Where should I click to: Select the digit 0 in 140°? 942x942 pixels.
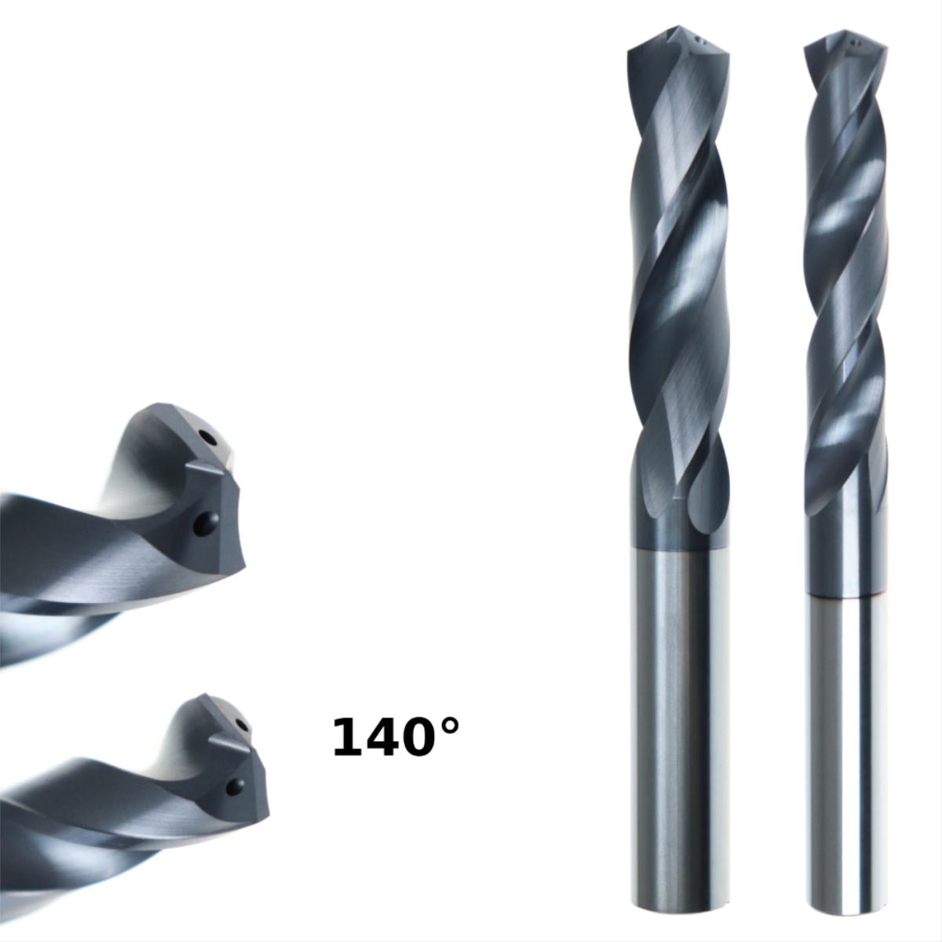pyautogui.click(x=417, y=738)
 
